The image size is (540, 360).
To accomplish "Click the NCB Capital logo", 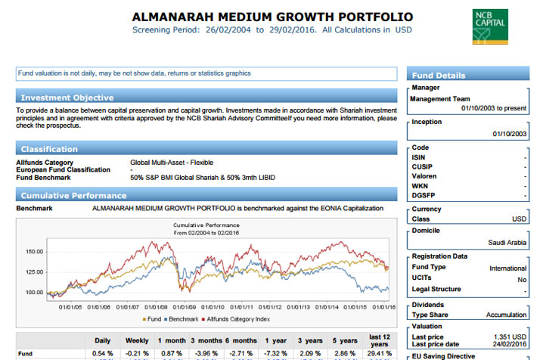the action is pos(490,27).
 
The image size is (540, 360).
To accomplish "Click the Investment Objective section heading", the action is pos(67,98).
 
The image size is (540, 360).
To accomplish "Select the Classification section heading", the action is pos(49,149).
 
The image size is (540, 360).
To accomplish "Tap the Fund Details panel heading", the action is pos(439,76).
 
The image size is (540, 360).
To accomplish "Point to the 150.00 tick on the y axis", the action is pos(35,252).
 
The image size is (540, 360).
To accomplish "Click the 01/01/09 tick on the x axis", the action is pos(185,307).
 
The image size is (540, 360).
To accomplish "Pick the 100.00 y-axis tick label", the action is pos(35,293).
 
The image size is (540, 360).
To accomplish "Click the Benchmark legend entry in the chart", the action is pos(182,319).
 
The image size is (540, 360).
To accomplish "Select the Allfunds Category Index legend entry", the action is pos(236,319).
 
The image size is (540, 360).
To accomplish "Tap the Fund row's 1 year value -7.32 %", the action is pos(276,353).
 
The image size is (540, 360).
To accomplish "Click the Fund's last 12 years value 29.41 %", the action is pos(379,353).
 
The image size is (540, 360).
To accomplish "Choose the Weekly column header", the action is pos(137,340).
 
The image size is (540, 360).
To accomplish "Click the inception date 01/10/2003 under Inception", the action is pos(509,134).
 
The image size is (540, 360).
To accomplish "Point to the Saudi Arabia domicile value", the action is pos(507,243).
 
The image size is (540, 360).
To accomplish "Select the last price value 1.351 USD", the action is pos(510,337).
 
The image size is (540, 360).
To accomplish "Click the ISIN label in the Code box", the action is pos(418,158).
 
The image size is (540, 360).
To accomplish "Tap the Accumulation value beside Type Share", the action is pos(506,315).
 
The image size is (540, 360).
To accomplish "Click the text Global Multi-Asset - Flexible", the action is pos(172,163).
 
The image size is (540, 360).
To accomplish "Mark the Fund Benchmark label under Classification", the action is pos(43,178).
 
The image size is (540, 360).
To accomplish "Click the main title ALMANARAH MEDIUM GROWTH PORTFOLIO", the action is pos(272,17).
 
